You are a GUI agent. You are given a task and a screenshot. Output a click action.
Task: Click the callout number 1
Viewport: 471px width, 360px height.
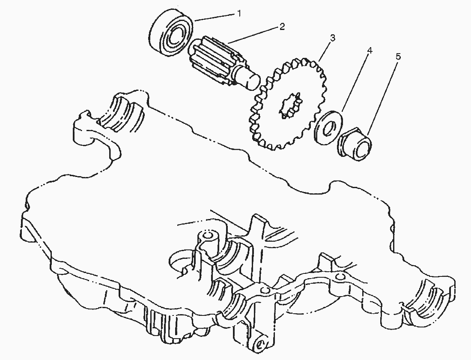tap(239, 14)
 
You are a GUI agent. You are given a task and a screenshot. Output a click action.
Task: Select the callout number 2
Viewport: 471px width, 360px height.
tap(282, 27)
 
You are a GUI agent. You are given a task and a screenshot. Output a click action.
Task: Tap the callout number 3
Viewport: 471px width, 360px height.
tap(332, 38)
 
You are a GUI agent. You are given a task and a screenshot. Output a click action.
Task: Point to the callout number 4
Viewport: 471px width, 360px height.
tap(370, 50)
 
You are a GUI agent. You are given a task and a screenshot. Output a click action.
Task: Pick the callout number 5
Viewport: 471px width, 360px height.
tap(398, 56)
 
